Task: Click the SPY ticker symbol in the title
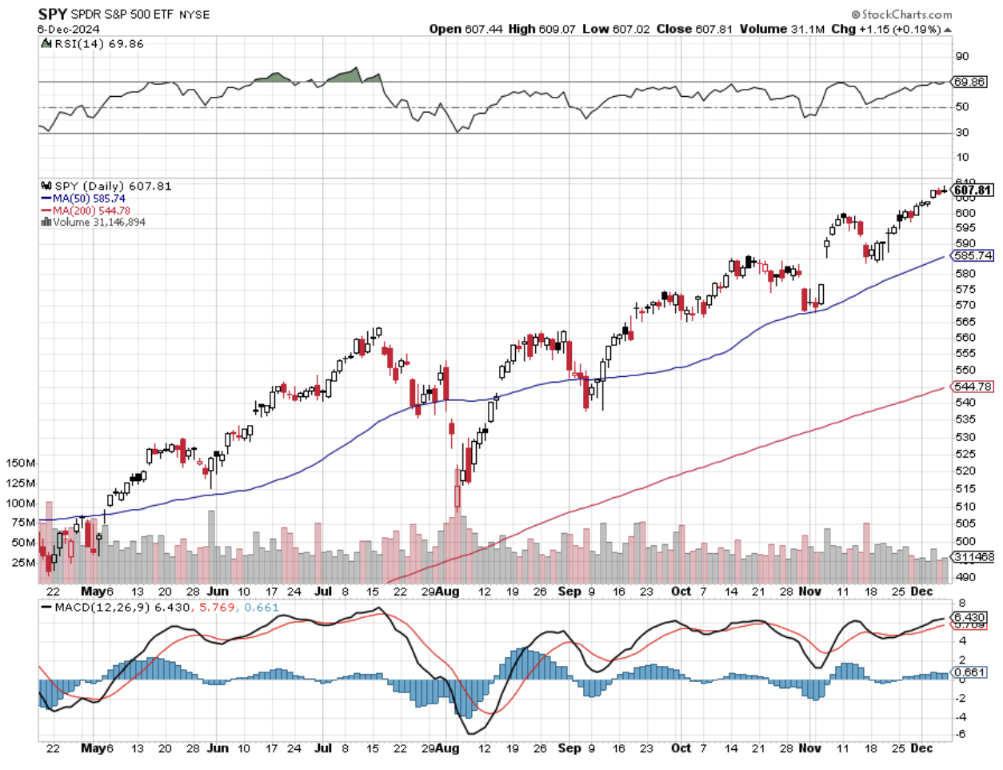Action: (x=52, y=14)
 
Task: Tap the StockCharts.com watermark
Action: (x=901, y=14)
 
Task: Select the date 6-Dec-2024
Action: (x=68, y=29)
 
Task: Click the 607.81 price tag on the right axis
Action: (x=973, y=190)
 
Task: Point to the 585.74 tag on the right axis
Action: (x=973, y=255)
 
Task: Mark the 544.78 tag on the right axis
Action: (x=973, y=387)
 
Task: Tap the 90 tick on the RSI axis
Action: (x=961, y=56)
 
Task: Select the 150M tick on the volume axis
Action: (x=21, y=463)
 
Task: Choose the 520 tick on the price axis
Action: (x=965, y=471)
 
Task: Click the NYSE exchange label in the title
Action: (x=194, y=15)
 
